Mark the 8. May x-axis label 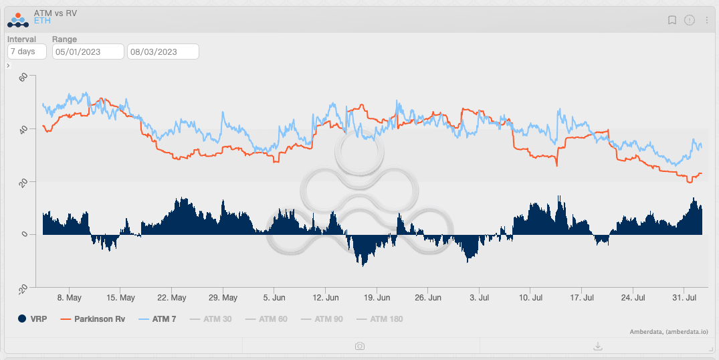coord(70,298)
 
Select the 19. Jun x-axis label coord(378,298)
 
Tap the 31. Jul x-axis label coord(685,298)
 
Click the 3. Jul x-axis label coord(480,298)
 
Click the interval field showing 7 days coord(27,52)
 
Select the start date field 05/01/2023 coord(88,52)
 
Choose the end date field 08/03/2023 coord(163,52)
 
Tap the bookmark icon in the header coord(672,20)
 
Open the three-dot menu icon coord(706,20)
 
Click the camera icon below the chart coord(360,346)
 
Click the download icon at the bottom coord(598,346)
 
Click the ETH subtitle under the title coord(42,21)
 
